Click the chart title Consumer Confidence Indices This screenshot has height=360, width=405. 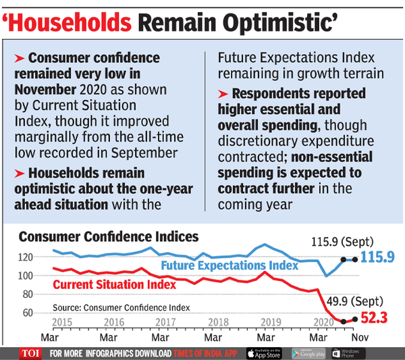(109, 236)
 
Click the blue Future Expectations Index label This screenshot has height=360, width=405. (229, 265)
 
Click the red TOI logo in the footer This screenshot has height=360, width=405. (27, 353)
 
